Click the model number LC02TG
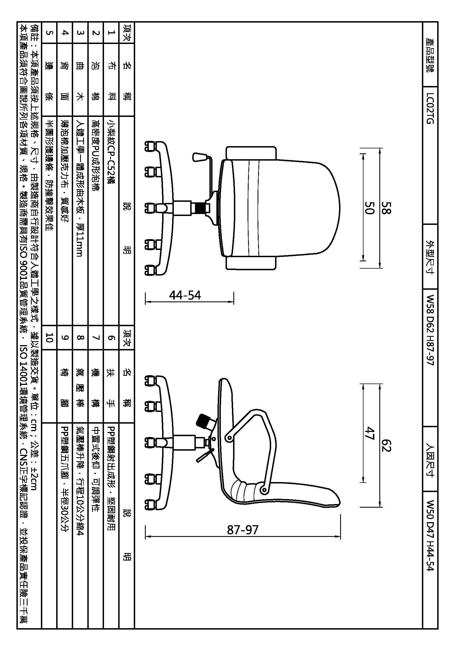click(x=430, y=108)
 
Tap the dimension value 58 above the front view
click(x=386, y=208)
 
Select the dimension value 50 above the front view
click(x=369, y=208)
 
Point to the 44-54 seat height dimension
click(x=185, y=296)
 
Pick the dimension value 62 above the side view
click(x=386, y=444)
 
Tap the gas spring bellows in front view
click(x=201, y=208)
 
